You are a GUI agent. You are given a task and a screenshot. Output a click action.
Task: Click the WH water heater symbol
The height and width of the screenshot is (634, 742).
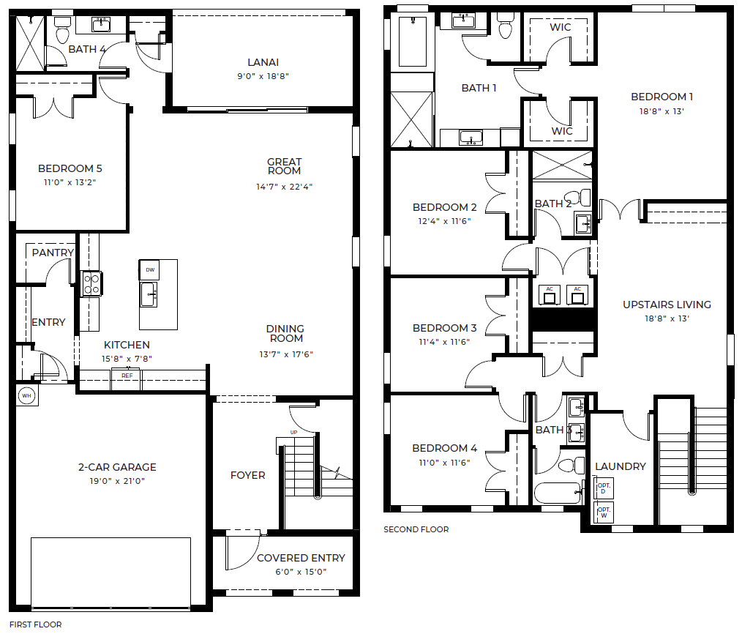click(26, 395)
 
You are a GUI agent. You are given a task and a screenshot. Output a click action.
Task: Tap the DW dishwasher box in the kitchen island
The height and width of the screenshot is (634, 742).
click(149, 270)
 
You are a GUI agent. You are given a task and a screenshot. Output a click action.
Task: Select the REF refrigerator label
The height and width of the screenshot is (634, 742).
click(127, 376)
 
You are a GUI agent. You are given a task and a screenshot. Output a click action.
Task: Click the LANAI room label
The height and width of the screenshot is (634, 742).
click(263, 62)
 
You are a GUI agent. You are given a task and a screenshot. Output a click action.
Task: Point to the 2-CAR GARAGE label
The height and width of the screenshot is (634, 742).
click(117, 467)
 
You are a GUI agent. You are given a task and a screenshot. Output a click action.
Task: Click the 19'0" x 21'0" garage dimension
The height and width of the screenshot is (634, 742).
click(117, 480)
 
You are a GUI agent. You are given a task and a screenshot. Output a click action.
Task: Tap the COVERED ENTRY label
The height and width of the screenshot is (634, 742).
click(301, 558)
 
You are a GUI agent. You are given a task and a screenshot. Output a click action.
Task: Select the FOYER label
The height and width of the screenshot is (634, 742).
click(247, 475)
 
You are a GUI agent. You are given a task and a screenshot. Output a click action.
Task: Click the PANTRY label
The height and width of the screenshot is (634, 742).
click(53, 253)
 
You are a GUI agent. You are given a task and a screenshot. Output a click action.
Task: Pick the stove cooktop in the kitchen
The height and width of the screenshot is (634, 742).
click(91, 283)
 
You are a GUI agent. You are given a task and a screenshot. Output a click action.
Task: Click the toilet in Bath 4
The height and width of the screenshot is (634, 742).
click(62, 30)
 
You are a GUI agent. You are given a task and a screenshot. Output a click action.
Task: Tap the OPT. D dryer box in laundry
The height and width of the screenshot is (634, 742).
click(604, 488)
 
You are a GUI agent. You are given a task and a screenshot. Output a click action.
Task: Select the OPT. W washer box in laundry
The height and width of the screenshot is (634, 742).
click(604, 512)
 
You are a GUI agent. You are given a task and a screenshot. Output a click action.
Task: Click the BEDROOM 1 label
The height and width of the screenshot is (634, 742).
click(662, 97)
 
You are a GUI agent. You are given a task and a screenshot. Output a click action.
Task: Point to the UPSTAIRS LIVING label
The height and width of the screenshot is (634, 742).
click(667, 305)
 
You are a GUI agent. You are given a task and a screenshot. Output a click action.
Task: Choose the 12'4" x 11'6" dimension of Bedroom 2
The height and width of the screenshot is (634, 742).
click(444, 220)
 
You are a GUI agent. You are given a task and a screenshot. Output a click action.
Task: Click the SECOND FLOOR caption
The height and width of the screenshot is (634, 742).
click(416, 529)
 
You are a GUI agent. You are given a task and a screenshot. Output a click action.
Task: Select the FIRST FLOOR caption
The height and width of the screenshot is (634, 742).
click(36, 624)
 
